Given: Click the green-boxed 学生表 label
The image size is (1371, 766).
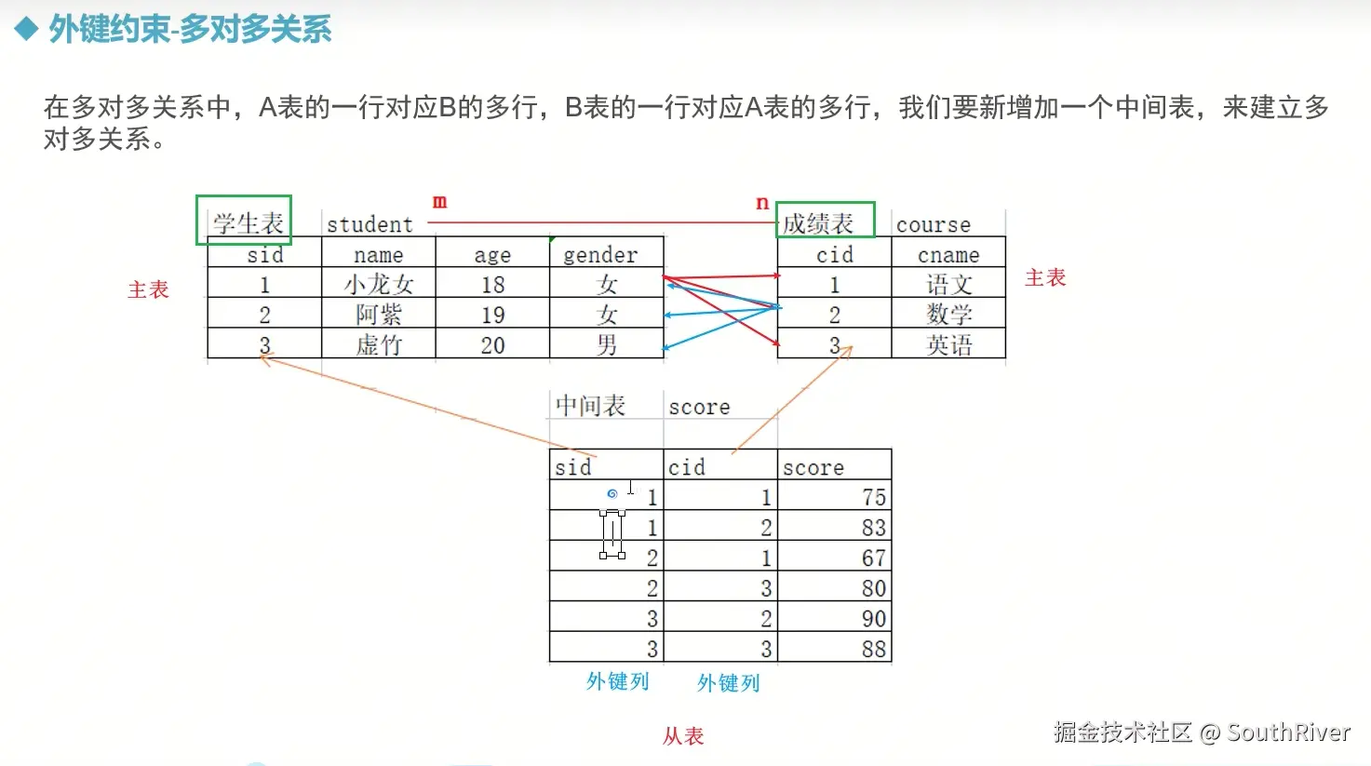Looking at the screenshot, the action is click(x=247, y=222).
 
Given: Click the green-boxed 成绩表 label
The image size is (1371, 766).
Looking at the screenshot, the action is click(x=819, y=223).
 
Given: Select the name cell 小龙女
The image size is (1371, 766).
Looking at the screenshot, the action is click(x=378, y=284).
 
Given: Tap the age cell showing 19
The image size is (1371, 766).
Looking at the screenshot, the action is click(x=492, y=315).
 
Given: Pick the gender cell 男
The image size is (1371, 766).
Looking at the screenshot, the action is click(x=607, y=345).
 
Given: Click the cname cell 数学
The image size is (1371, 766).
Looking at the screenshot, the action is click(x=948, y=315).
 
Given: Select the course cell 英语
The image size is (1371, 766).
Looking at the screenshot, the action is click(x=948, y=345).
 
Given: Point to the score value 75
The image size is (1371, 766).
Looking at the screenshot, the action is click(x=873, y=497).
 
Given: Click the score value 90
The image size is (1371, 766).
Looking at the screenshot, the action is click(x=873, y=618).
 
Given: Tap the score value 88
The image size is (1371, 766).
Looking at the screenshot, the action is click(x=873, y=649).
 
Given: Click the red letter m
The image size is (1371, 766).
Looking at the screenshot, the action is click(x=439, y=201).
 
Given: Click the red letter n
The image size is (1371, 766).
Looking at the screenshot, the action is click(x=762, y=203).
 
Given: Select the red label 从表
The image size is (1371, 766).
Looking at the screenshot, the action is click(x=683, y=736).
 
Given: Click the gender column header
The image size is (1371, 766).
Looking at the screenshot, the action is click(x=600, y=255).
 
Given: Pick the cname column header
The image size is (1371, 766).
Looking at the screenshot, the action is click(x=948, y=255).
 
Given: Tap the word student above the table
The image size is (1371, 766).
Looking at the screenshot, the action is click(x=370, y=224).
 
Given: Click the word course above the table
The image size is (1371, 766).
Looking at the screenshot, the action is click(x=933, y=224).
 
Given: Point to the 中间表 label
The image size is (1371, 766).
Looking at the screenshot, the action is click(x=590, y=406).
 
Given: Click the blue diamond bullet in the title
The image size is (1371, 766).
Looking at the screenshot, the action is click(x=26, y=29).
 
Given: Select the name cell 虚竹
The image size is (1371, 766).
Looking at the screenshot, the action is click(x=378, y=345).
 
